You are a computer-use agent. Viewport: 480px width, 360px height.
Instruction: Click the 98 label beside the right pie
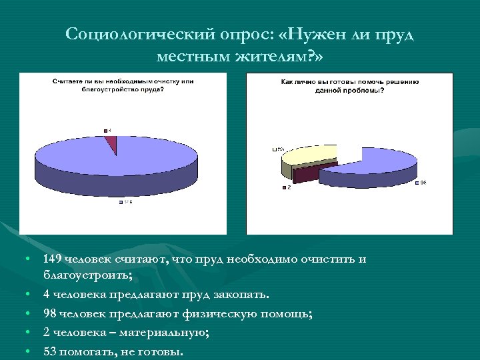tap(422, 183)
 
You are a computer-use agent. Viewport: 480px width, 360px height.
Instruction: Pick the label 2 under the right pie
tap(289, 187)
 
